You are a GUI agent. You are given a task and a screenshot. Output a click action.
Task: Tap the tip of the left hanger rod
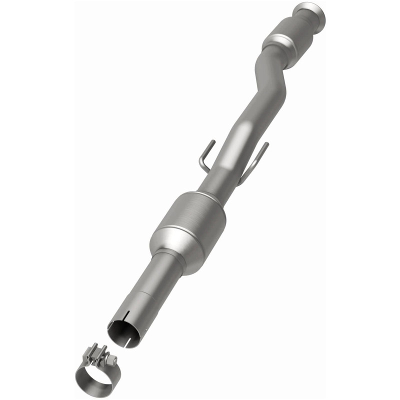(x=212, y=141)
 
